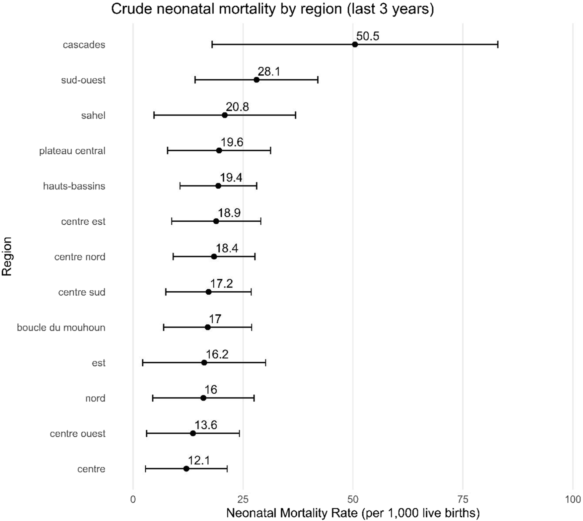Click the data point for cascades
355,45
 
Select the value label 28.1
269,71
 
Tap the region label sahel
93,116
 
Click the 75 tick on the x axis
463,499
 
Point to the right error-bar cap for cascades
498,45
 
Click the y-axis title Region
7,256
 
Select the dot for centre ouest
193,433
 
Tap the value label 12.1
199,461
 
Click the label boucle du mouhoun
61,327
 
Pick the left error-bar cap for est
143,363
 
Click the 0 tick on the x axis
133,499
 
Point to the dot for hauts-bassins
218,186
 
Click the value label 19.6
232,142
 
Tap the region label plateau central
72,151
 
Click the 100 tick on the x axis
573,499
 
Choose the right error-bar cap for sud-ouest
318,80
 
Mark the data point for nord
203,398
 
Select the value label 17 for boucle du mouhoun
215,319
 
